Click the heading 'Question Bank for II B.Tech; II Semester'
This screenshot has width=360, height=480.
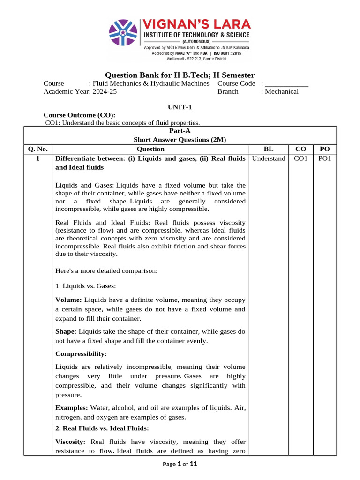point(180,75)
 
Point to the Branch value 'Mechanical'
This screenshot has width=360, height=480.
point(281,92)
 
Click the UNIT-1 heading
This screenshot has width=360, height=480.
point(180,107)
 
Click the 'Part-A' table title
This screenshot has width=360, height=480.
point(180,131)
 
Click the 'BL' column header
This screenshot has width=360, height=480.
point(269,149)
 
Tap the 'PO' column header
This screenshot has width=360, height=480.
point(324,149)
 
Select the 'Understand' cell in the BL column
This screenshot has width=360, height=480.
point(269,158)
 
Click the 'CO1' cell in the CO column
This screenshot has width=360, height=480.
point(300,158)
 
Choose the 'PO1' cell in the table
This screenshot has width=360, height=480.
point(324,158)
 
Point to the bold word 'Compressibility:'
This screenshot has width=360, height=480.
point(81,353)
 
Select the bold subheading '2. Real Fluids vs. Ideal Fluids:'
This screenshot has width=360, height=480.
point(102,428)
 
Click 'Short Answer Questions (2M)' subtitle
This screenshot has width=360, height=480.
point(180,140)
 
